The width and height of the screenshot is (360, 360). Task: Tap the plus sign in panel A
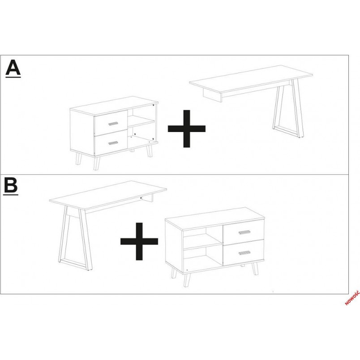187,129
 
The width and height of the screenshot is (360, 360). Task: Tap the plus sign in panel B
139,241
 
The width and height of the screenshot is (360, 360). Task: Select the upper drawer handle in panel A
113,124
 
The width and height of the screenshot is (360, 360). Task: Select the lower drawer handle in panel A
113,143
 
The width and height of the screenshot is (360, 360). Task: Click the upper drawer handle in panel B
244,232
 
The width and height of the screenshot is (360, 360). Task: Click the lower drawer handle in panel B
244,253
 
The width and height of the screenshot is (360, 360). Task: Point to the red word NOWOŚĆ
352,298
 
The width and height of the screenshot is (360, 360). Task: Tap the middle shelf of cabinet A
141,121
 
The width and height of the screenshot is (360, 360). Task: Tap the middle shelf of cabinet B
203,241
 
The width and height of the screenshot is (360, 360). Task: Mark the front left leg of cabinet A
97,163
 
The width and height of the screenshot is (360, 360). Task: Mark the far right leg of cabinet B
255,269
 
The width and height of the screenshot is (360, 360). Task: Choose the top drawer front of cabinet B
244,231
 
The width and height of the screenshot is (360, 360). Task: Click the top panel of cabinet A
114,105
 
